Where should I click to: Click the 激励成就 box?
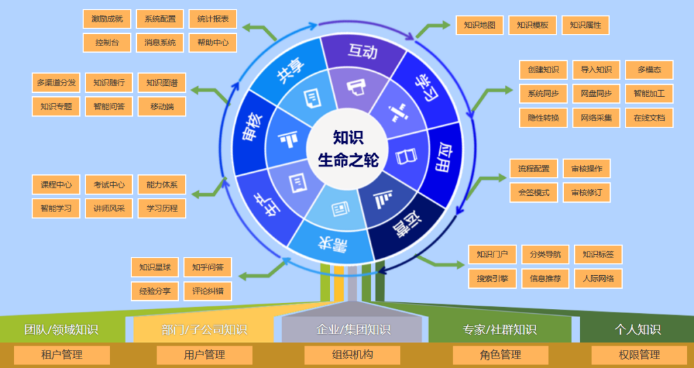point(107,19)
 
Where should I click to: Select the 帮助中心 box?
point(213,42)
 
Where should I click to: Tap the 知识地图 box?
point(480,26)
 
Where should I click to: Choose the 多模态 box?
point(649,70)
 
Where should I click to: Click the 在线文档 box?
point(649,117)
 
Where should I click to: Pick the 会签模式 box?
point(533,192)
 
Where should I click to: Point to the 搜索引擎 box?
point(492,278)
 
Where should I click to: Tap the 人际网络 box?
point(598,278)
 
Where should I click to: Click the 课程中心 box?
point(56,184)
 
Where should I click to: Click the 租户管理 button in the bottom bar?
point(62,354)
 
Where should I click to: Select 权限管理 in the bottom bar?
point(639,354)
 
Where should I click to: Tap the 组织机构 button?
point(352,354)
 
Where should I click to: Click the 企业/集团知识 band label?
point(353,329)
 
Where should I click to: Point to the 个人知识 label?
point(637,329)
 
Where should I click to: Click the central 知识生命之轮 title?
point(348,149)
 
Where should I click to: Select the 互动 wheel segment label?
point(363,51)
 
